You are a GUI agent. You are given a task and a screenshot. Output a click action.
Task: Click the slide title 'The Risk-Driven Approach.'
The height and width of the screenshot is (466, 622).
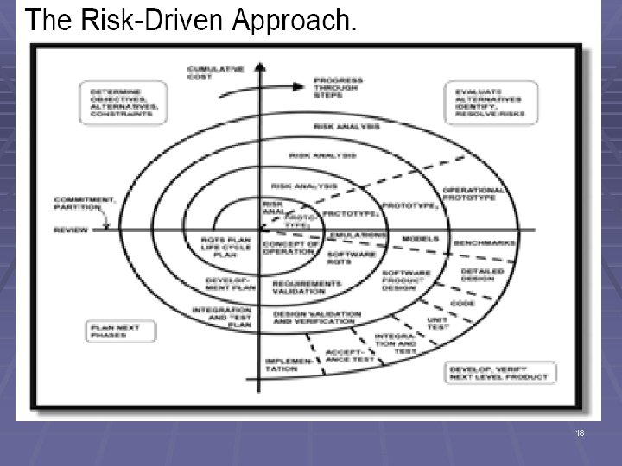click(190, 21)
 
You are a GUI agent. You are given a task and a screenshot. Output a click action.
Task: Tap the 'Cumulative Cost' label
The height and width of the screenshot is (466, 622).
click(216, 72)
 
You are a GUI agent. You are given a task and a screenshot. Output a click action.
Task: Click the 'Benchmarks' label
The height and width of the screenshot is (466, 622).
click(485, 242)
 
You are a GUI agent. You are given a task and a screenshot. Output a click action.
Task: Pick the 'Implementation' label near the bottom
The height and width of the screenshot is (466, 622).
click(282, 364)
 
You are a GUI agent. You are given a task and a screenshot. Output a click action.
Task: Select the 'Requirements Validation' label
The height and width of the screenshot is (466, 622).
click(306, 287)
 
